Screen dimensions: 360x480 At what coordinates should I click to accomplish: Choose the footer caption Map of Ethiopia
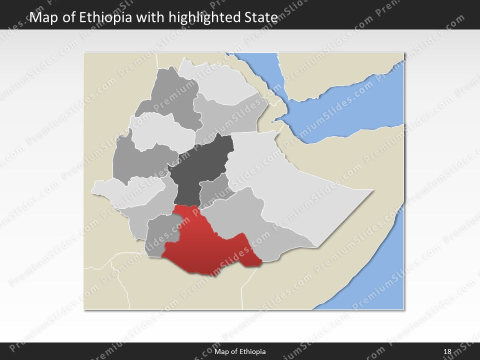click(239, 352)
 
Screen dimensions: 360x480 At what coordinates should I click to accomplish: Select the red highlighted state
click(205, 245)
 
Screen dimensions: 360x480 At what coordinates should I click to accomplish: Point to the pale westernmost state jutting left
click(125, 192)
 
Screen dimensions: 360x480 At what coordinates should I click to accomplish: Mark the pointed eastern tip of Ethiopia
click(371, 190)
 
